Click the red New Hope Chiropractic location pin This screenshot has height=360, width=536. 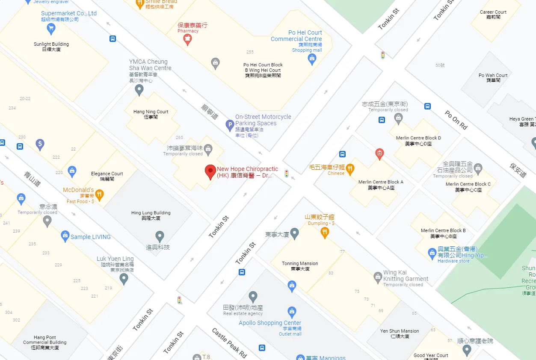[x=210, y=171]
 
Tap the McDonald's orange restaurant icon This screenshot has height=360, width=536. [x=100, y=195]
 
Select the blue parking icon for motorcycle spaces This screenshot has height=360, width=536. [x=230, y=125]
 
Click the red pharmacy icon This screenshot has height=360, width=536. [x=187, y=40]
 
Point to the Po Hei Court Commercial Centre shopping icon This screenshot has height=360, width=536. [x=312, y=59]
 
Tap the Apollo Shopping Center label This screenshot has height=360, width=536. [x=270, y=323]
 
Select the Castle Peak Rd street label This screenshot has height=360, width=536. [x=229, y=343]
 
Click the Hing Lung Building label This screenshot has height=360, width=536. [x=151, y=215]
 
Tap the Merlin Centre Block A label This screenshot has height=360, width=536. [x=381, y=185]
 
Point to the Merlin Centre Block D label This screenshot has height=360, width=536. [x=418, y=141]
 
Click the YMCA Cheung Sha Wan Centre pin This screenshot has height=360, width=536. [x=139, y=90]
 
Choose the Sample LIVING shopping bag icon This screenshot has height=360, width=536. [x=65, y=236]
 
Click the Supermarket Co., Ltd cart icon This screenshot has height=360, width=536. [x=51, y=29]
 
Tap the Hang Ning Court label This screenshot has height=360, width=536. [x=151, y=114]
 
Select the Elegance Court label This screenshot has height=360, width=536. [x=107, y=176]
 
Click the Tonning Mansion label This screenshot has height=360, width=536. [x=300, y=266]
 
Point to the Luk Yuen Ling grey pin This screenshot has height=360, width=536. [x=124, y=279]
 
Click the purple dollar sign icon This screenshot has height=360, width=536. [x=40, y=144]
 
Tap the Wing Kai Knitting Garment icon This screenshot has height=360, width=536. [x=378, y=277]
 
